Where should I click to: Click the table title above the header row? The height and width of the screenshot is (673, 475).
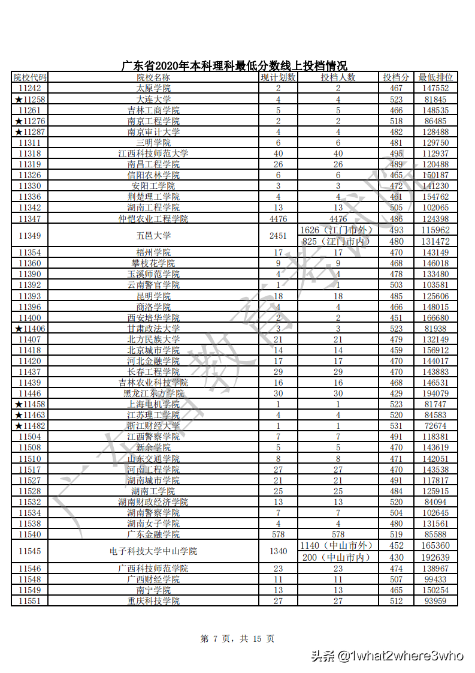[234, 66]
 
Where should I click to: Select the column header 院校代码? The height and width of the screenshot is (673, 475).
[30, 77]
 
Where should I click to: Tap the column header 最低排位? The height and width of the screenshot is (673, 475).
[435, 77]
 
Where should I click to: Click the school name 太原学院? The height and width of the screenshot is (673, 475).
[153, 88]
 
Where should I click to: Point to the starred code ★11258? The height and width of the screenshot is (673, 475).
[30, 99]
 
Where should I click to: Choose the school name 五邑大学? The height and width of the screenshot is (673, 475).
[153, 236]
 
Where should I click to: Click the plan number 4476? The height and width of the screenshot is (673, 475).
[278, 219]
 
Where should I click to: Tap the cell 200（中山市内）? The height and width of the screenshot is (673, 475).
[337, 557]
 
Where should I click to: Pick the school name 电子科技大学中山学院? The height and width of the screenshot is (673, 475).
[153, 551]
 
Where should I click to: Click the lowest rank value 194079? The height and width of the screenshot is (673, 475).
[435, 393]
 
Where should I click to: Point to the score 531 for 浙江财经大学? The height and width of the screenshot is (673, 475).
[397, 426]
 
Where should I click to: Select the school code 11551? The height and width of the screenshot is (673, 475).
[30, 600]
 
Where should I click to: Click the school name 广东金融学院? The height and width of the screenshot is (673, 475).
[153, 534]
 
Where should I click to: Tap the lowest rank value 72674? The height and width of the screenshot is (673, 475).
[435, 426]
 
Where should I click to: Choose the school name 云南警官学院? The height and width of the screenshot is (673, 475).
[153, 285]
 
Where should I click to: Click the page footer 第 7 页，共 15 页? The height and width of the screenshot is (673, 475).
[237, 639]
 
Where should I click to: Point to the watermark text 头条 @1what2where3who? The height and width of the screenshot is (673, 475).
[387, 655]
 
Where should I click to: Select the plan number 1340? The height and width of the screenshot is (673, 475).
[278, 551]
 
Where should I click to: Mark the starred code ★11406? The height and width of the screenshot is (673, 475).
[30, 328]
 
